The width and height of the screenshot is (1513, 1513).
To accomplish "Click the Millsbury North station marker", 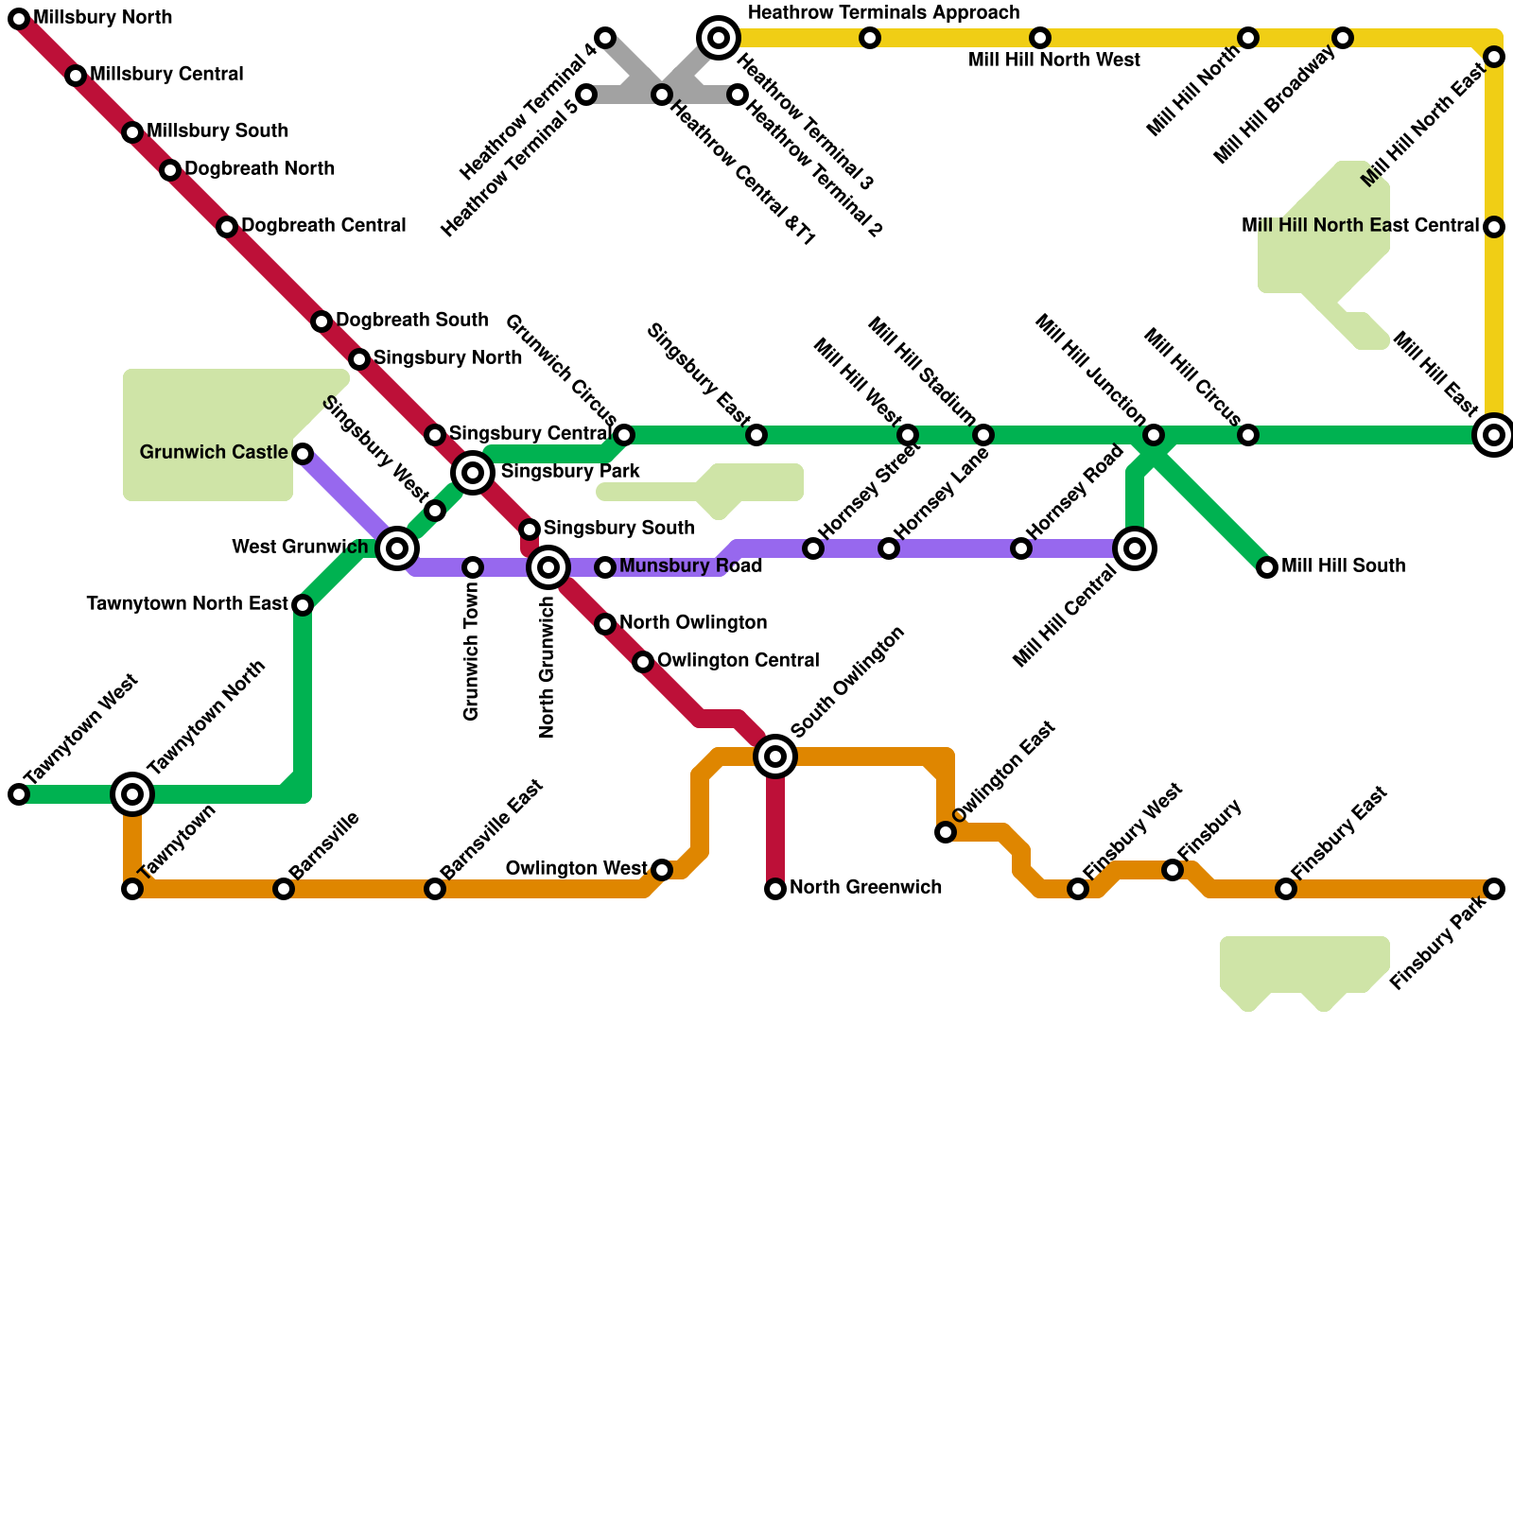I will (19, 19).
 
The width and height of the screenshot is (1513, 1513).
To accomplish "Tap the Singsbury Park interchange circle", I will (473, 472).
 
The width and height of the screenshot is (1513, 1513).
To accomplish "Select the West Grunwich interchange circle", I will (397, 548).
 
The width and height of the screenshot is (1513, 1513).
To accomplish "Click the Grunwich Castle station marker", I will (303, 454).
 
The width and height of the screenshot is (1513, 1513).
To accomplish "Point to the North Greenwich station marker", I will (775, 889).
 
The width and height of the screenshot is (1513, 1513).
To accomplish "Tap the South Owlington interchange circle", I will (775, 756).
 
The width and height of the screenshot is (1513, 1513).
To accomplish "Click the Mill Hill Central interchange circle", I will (1135, 548).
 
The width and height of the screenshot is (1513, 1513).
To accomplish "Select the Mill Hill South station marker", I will (1267, 567).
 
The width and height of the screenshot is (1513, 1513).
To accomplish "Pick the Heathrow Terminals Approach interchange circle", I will (719, 38).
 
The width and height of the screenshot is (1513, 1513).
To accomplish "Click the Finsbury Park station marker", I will (1494, 889).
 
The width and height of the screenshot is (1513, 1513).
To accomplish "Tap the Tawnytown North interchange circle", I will (132, 793).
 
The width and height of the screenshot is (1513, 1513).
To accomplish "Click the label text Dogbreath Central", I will (323, 226).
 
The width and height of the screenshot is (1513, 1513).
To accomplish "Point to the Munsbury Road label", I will (690, 566).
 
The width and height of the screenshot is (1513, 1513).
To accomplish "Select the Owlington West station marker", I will (662, 870).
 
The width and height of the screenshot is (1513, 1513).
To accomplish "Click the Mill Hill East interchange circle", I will (1494, 435).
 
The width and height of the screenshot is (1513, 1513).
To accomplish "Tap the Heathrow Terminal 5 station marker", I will (586, 95).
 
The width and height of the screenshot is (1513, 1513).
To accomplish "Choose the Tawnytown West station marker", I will (19, 794).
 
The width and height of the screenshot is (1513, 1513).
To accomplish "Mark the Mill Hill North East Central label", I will (1360, 226).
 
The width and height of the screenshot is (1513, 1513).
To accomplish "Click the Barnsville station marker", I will (284, 889).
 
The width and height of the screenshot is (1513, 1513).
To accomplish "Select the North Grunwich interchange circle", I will (548, 567).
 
